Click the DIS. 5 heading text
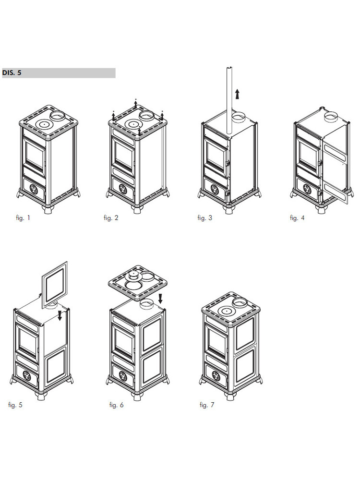tap(12, 73)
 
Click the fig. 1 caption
tap(23, 218)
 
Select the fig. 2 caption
tap(111, 218)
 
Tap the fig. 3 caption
tap(205, 218)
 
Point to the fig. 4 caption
tap(297, 218)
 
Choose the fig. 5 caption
tap(15, 405)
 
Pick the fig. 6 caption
tap(116, 405)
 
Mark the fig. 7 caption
tap(207, 405)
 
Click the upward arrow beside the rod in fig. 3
tap(237, 94)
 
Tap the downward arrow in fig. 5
tap(60, 316)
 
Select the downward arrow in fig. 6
tap(160, 299)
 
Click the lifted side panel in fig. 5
tap(55, 284)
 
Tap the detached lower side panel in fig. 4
tap(335, 192)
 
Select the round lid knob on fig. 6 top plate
tap(134, 275)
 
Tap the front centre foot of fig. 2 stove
tap(137, 209)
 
